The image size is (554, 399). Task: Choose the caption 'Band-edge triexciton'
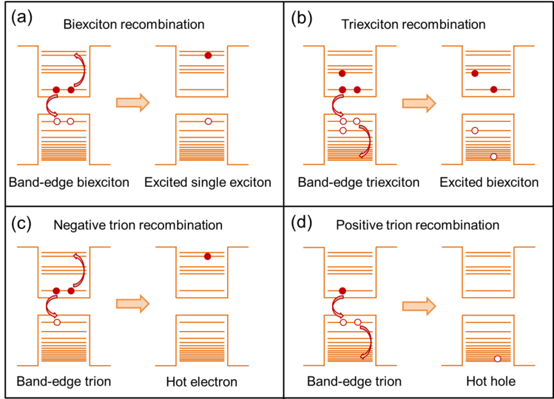click(x=359, y=182)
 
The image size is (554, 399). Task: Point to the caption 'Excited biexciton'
click(x=489, y=182)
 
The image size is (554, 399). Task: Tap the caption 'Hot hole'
click(x=489, y=382)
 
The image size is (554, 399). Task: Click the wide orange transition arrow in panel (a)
click(x=133, y=103)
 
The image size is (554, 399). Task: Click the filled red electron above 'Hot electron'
click(x=208, y=257)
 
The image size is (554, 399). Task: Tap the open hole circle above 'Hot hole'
click(x=497, y=359)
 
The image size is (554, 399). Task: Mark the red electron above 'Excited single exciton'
click(x=208, y=56)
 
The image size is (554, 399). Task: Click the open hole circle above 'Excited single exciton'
click(x=208, y=121)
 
